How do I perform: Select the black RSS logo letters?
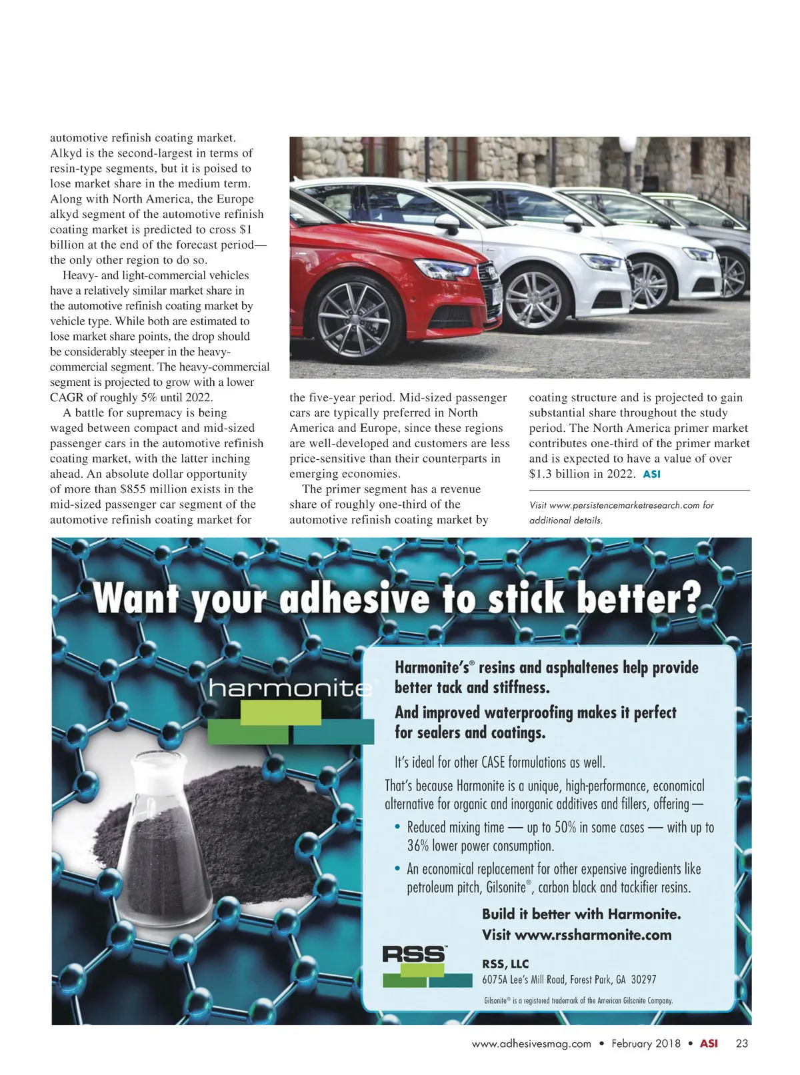point(414,954)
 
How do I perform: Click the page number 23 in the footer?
point(741,1044)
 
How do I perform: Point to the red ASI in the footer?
point(709,1044)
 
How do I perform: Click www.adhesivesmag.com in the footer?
point(531,1044)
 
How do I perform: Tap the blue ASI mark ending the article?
point(651,475)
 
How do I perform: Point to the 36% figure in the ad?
point(418,846)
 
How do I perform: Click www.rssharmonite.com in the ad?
point(593,934)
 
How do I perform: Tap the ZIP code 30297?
point(643,980)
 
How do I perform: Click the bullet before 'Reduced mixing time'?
point(398,828)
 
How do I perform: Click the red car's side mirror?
point(445,220)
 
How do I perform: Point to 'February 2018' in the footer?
point(645,1044)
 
